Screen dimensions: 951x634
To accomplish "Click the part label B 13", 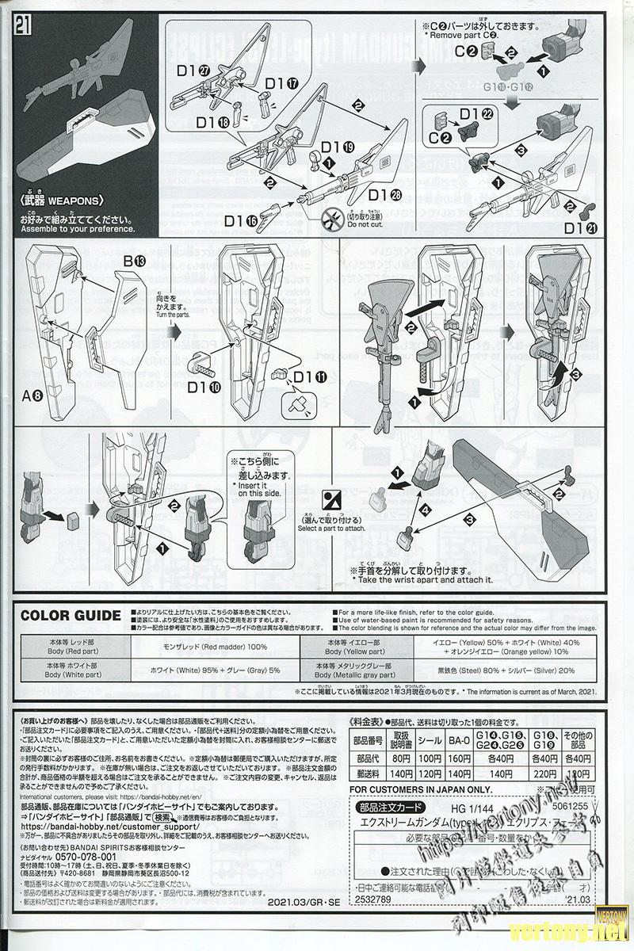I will (x=134, y=261).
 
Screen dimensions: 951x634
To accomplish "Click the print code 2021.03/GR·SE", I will (x=301, y=901).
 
